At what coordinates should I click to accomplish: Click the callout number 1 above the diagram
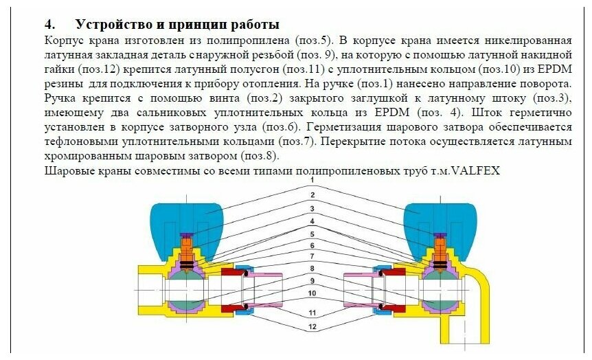coord(311,180)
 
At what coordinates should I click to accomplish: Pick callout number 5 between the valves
coord(311,235)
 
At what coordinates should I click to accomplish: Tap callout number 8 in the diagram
coord(311,267)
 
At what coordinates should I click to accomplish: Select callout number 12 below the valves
coord(311,326)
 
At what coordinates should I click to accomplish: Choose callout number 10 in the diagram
coord(311,293)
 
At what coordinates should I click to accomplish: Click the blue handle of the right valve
coord(437,221)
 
